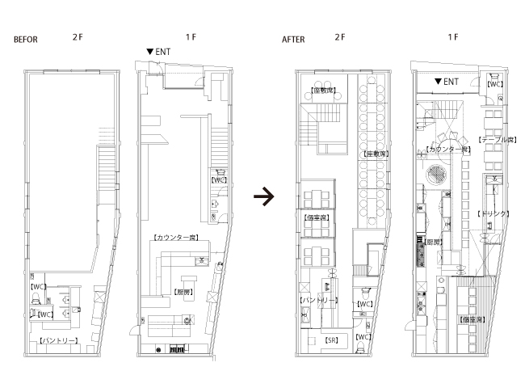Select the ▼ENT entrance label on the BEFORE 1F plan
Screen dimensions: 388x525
coord(157,52)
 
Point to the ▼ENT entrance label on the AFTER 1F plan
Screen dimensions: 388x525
coord(446,82)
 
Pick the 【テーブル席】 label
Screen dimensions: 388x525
coord(497,140)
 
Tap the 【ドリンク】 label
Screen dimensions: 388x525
coord(493,213)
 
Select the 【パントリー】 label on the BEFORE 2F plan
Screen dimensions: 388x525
coord(59,342)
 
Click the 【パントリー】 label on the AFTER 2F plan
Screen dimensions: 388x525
coord(317,300)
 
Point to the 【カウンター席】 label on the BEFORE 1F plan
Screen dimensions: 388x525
coord(175,238)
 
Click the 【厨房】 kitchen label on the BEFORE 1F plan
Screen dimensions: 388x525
coord(183,291)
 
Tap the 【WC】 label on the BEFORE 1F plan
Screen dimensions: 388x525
coord(218,180)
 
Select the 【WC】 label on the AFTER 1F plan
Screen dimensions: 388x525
coord(496,82)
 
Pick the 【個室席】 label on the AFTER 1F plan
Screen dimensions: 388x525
coord(472,320)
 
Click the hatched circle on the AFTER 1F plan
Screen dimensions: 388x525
coord(437,171)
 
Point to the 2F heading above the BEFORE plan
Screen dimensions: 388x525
coord(78,38)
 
